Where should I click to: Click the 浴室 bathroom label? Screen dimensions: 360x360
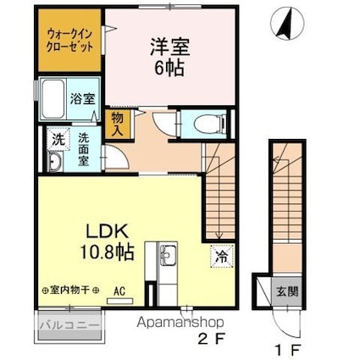click(83, 98)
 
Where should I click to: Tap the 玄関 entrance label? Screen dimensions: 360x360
click(285, 293)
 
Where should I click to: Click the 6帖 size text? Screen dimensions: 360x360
click(163, 70)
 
